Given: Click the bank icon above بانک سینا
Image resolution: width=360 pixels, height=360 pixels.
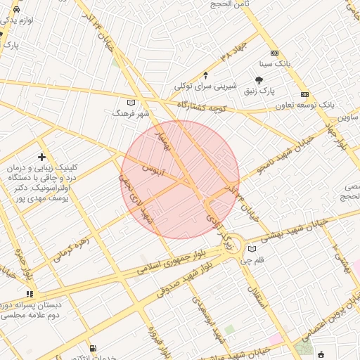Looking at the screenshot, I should click(x=274, y=53).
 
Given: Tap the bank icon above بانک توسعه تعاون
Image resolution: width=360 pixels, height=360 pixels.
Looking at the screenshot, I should click(x=304, y=94).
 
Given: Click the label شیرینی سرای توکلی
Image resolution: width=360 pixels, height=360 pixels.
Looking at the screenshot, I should click(x=205, y=86).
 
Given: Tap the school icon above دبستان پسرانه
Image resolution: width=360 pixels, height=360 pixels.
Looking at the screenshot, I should click(x=30, y=294).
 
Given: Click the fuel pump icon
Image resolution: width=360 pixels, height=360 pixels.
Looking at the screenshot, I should click(x=93, y=348).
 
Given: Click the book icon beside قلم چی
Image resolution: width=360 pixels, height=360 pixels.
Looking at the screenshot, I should click(x=252, y=248).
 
